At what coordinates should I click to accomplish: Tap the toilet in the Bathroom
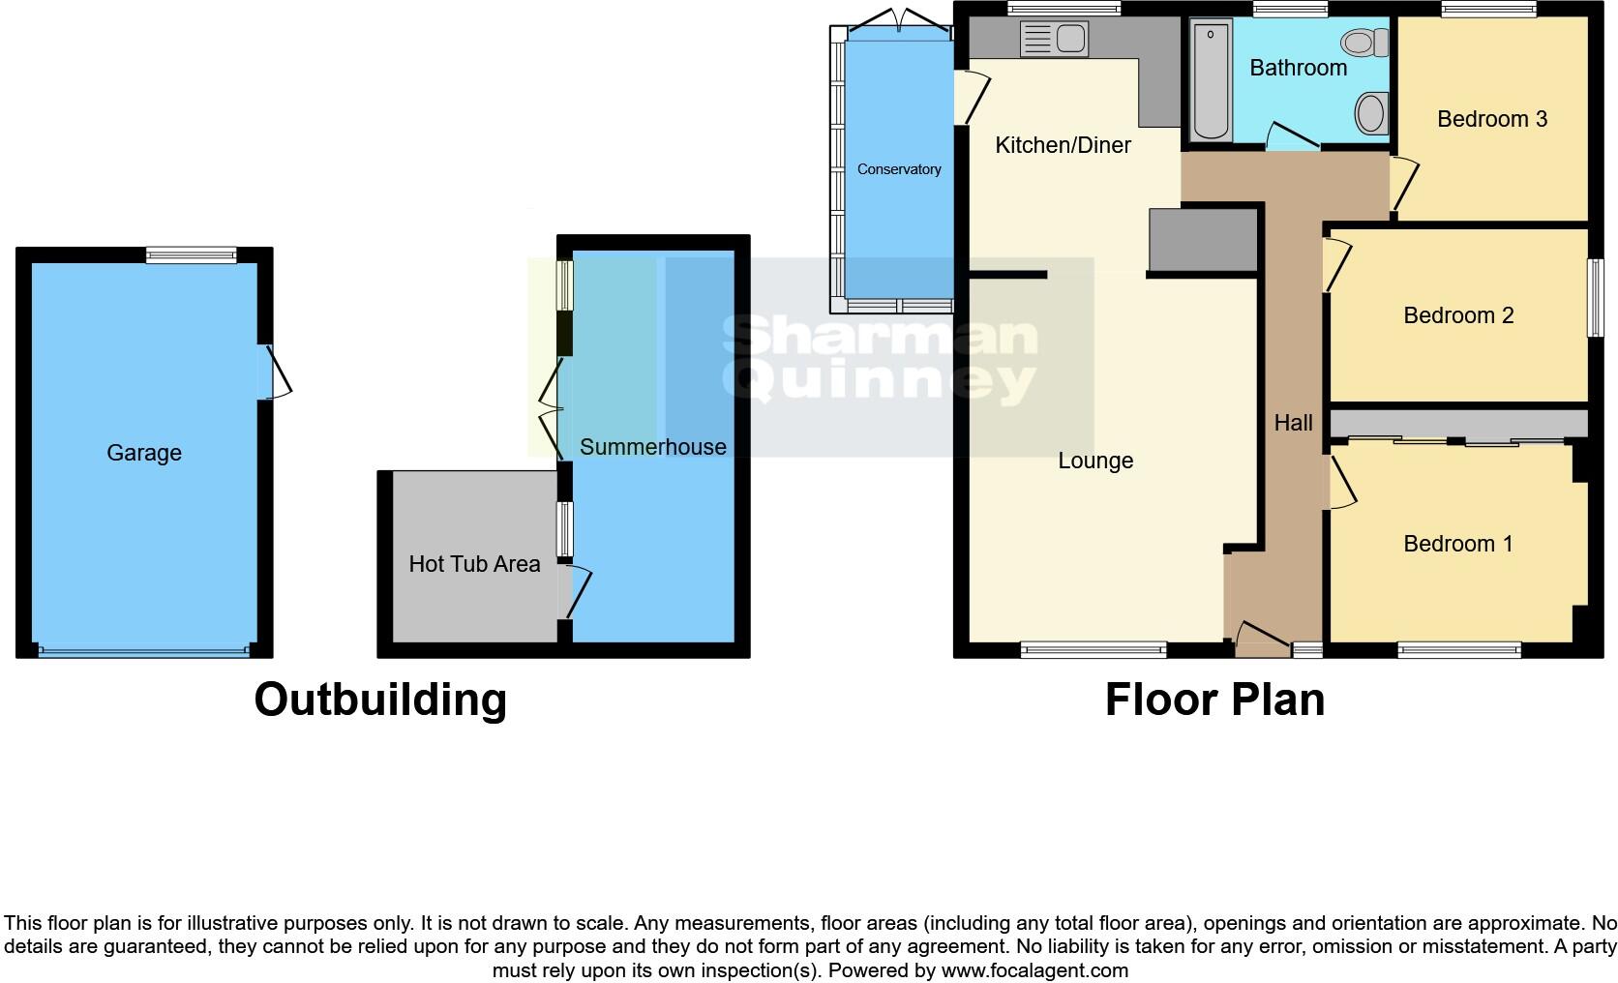point(1365,42)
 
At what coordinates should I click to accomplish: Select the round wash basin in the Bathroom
point(1370,112)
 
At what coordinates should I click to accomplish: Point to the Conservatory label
point(899,169)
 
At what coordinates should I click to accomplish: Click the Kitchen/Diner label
point(1063,145)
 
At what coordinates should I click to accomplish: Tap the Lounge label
point(1095,461)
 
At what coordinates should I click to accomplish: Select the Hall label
point(1293,423)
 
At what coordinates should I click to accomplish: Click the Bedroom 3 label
point(1491,119)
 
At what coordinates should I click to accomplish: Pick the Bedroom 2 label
point(1458,315)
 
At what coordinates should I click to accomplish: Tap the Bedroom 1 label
point(1457,544)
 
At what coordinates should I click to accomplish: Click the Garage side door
point(275,372)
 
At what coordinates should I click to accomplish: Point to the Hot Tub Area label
point(474,564)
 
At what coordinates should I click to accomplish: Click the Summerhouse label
point(652,447)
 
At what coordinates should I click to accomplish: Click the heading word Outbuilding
point(380,700)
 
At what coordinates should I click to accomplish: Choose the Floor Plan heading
point(1214,700)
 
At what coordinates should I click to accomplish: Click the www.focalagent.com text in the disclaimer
point(1034,969)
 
